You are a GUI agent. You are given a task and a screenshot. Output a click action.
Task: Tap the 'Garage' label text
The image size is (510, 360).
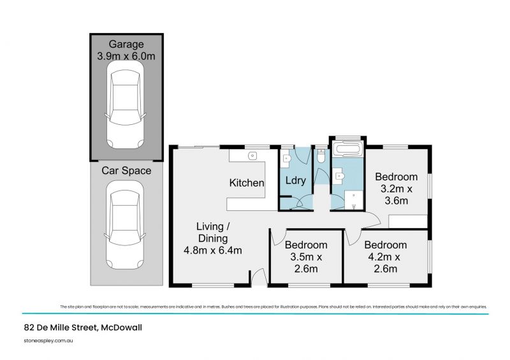pyautogui.click(x=126, y=45)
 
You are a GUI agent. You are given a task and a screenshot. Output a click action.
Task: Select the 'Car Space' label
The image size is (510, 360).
pyautogui.click(x=126, y=170)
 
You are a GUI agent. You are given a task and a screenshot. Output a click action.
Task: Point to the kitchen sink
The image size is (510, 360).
pyautogui.click(x=252, y=155)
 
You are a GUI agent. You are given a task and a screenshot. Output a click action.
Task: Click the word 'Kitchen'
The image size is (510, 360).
pyautogui.click(x=247, y=183)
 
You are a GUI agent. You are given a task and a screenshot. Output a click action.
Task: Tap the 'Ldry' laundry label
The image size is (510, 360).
pyautogui.click(x=296, y=180)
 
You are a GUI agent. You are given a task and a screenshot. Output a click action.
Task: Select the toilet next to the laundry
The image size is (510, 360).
pyautogui.click(x=321, y=155)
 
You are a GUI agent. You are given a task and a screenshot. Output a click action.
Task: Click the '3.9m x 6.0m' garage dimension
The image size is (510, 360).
pyautogui.click(x=126, y=56)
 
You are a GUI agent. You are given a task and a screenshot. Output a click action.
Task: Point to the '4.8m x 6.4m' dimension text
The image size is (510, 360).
pyautogui.click(x=212, y=250)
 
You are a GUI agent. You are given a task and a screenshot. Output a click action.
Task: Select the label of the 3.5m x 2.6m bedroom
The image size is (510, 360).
pyautogui.click(x=305, y=245)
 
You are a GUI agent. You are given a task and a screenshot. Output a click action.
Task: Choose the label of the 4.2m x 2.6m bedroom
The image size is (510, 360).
pyautogui.click(x=385, y=245)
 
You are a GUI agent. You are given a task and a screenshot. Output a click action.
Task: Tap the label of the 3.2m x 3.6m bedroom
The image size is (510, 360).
pyautogui.click(x=396, y=176)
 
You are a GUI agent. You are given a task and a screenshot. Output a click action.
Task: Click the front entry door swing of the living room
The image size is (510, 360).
pyautogui.click(x=258, y=277)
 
